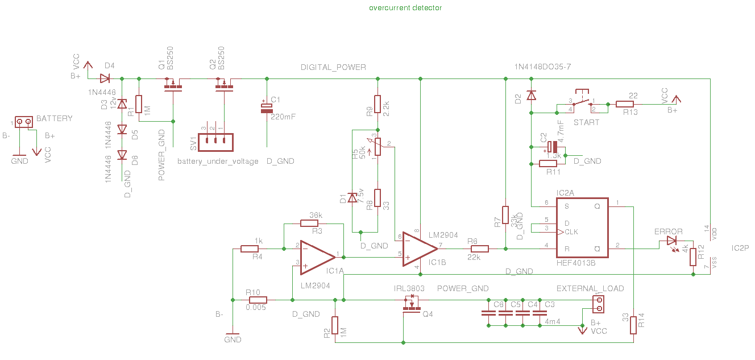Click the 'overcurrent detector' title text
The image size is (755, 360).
[405, 8]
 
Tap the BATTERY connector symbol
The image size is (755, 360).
[23, 122]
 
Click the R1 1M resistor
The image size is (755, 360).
[138, 107]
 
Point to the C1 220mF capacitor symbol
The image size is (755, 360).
[265, 108]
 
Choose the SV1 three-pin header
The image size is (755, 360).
[215, 142]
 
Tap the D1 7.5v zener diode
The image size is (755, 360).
[352, 197]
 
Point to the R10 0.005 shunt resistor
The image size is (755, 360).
[258, 300]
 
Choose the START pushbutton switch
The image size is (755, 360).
[582, 101]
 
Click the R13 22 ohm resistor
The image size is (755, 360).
[625, 104]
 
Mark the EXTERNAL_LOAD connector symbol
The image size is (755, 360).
[598, 304]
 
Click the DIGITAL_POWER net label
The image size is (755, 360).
[333, 67]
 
